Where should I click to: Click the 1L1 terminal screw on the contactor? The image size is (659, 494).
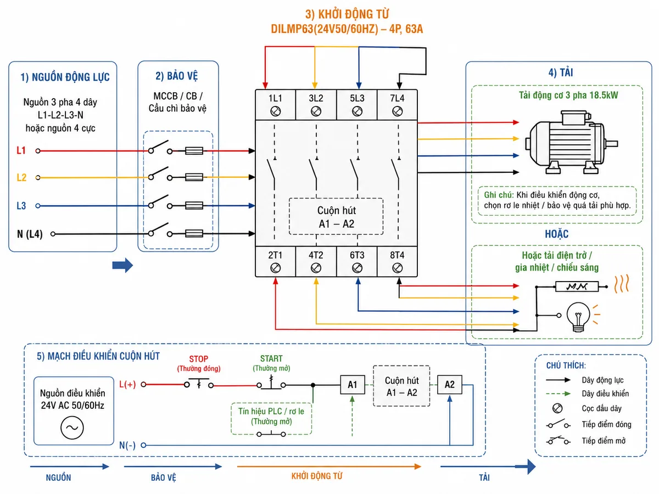point(275,111)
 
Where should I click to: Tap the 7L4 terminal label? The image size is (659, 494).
point(397,98)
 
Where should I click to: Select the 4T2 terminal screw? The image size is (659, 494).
point(316,268)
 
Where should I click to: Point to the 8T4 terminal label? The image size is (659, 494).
point(397,255)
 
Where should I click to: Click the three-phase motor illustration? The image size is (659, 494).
point(571,142)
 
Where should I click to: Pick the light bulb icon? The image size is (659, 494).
point(578,317)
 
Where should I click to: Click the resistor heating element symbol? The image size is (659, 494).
point(577,287)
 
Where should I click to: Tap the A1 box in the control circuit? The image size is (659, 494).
point(352,384)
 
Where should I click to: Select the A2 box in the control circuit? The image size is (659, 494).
point(449,384)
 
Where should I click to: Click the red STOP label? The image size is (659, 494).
point(198,359)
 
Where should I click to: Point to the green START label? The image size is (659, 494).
point(271,358)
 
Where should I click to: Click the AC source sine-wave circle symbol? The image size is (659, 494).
point(72,428)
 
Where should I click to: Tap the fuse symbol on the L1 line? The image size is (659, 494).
point(194,150)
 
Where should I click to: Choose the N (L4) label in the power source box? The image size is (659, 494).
point(30,234)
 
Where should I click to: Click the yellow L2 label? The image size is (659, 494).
point(21,177)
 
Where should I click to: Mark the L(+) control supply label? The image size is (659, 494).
point(127,384)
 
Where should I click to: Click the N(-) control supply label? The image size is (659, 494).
point(127,445)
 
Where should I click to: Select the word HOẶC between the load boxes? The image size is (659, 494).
point(556,234)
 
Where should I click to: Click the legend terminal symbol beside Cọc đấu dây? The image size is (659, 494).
point(557,408)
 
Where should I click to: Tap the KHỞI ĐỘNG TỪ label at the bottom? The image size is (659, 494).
point(317,476)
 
